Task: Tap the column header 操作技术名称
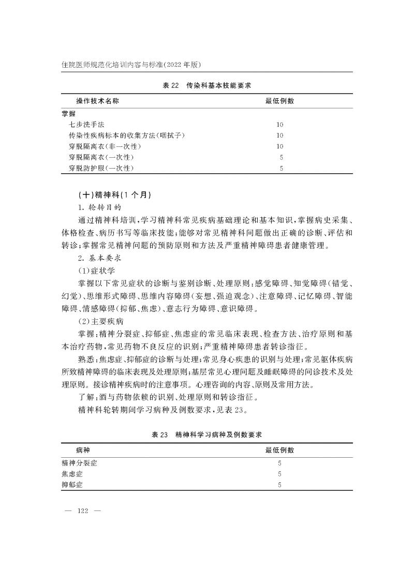pos(98,101)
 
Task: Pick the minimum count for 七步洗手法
pos(280,124)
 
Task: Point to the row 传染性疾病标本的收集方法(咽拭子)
pos(127,136)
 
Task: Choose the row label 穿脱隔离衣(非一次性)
pos(105,146)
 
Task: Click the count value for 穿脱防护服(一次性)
pos(280,168)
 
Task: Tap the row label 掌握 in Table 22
pos(68,113)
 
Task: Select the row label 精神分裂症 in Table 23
pos(79,463)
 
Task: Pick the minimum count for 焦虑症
pos(280,474)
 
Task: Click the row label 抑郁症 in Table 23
pos(72,485)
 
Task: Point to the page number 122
pos(83,511)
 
